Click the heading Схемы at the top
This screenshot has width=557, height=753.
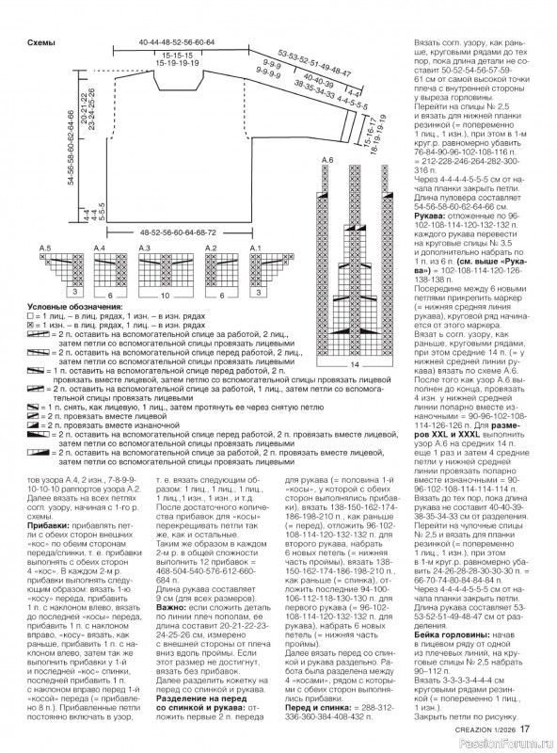pos(41,43)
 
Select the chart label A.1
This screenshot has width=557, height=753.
pos(253,247)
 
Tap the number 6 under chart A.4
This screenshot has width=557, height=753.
pos(110,295)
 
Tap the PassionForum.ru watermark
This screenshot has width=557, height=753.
pos(505,743)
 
